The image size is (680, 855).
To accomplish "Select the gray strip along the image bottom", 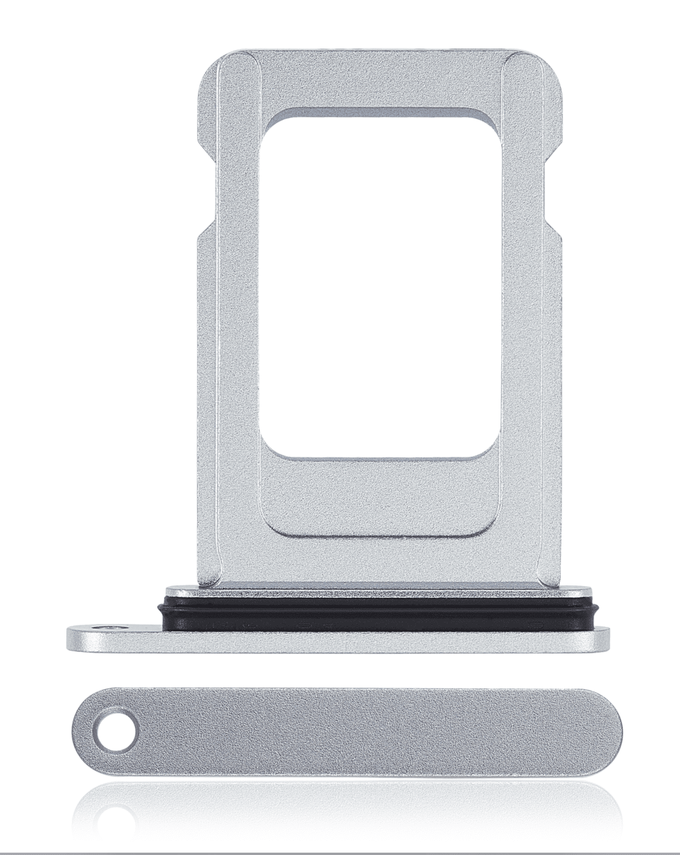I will point(340,852).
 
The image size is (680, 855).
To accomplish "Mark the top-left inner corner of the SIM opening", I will point(270,120).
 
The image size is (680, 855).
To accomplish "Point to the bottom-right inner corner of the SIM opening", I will point(484,452).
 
